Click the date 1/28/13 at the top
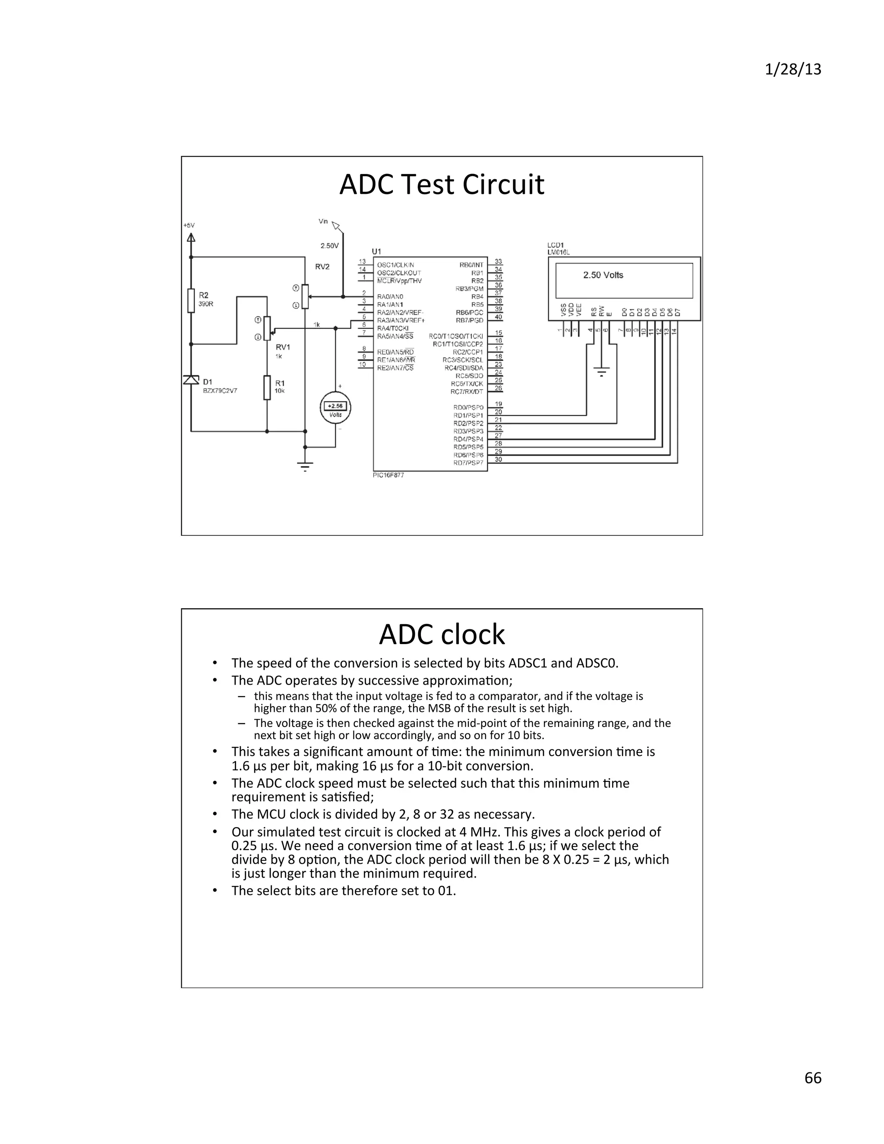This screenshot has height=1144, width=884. click(x=793, y=70)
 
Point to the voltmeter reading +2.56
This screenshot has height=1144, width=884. click(x=335, y=406)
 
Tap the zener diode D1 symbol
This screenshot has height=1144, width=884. click(x=191, y=380)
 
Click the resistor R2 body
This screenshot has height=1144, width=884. click(x=191, y=300)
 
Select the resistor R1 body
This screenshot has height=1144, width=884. click(x=267, y=388)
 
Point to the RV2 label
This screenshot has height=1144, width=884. click(x=322, y=267)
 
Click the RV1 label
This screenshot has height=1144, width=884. click(x=283, y=347)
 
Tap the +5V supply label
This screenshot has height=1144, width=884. click(x=189, y=225)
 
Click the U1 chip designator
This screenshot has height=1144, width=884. click(x=376, y=251)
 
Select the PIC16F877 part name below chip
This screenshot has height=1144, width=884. click(x=388, y=475)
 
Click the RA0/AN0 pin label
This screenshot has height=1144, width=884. click(x=390, y=297)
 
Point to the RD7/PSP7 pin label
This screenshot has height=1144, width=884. click(x=468, y=463)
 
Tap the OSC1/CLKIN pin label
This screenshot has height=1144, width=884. click(x=395, y=265)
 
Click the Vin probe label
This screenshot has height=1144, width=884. click(x=323, y=221)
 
